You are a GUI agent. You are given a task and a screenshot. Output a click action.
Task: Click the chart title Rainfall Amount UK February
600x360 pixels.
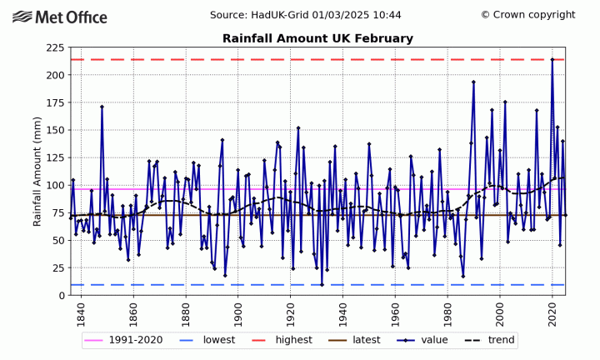tap(317, 39)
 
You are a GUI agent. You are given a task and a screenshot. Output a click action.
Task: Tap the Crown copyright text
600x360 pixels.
tap(527, 15)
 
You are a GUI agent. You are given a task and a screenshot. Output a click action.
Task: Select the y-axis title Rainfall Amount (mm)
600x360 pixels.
tap(37, 171)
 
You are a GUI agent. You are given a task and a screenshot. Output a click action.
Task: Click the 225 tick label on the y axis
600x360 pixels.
tap(56, 47)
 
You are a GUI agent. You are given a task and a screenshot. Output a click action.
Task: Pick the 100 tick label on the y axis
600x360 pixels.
tap(56, 185)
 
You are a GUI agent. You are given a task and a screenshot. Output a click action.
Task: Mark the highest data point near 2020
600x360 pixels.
tap(552, 59)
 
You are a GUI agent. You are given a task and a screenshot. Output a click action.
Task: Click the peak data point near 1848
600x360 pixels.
tap(102, 107)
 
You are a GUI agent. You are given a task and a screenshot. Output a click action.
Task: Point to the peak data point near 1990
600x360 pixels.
tap(473, 82)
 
